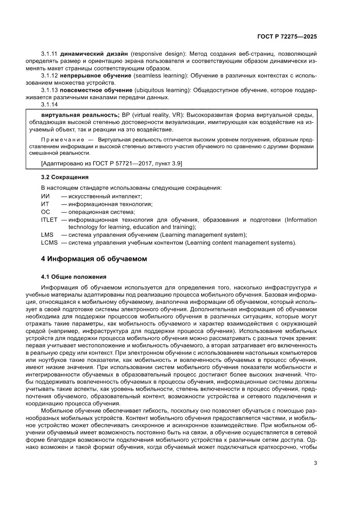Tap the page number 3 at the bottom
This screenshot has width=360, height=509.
pyautogui.click(x=315, y=463)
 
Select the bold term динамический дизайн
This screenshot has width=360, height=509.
pyautogui.click(x=94, y=53)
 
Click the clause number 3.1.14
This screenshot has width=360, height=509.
pyautogui.click(x=49, y=104)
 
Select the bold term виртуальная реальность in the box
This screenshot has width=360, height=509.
pyautogui.click(x=80, y=115)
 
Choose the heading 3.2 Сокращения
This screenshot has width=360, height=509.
pyautogui.click(x=64, y=177)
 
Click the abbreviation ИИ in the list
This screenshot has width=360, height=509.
pyautogui.click(x=45, y=196)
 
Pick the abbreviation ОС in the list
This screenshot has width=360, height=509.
pyautogui.click(x=45, y=212)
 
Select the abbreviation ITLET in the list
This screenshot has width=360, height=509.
pyautogui.click(x=49, y=219)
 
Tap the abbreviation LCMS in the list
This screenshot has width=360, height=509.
pyautogui.click(x=49, y=243)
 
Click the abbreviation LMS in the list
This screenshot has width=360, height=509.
pyautogui.click(x=47, y=235)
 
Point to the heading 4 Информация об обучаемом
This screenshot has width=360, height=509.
pyautogui.click(x=94, y=259)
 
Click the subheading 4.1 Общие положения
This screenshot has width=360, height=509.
pyautogui.click(x=71, y=276)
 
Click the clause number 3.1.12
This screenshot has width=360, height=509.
pyautogui.click(x=49, y=75)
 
